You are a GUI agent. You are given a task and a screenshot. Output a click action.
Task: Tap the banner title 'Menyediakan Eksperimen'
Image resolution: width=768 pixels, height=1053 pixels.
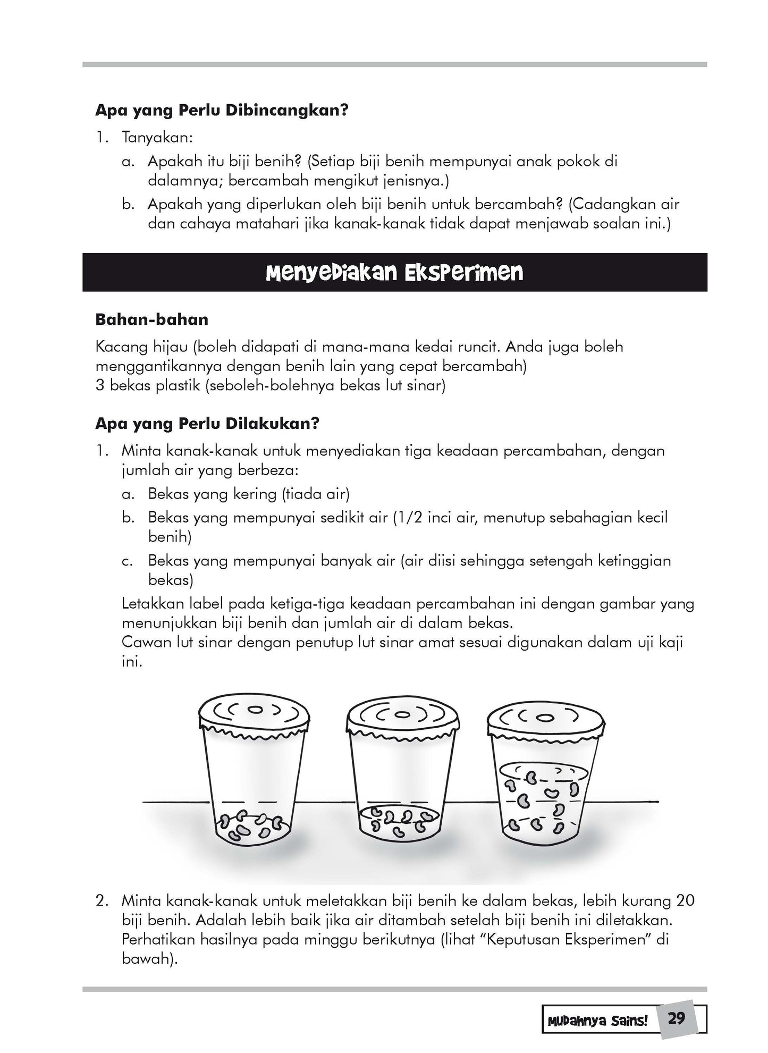coord(394,273)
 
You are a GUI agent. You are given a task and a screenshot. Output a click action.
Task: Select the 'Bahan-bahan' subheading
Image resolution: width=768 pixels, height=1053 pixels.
coord(151,319)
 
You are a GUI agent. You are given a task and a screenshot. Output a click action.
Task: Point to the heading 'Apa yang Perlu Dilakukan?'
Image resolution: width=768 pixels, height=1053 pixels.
coord(207,424)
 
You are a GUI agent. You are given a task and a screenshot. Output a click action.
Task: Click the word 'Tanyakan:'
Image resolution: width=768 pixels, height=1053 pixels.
coord(157,137)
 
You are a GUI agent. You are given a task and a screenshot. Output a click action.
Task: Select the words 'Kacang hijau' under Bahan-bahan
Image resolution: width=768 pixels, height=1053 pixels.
coord(141,347)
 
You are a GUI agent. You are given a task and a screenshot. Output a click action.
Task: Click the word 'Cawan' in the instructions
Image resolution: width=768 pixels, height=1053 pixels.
coord(144,642)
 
